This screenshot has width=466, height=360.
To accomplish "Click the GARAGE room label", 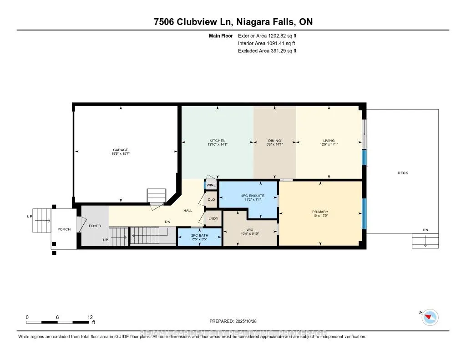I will point(121,150).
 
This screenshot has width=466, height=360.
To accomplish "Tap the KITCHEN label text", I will point(218,141).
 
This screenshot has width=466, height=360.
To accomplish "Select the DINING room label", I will point(274,141).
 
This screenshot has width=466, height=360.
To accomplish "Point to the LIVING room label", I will point(329,141).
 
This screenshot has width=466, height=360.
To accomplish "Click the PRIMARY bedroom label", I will point(320,212).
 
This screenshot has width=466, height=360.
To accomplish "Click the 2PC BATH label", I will point(199,235).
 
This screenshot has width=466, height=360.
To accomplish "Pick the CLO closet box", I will point(211,200).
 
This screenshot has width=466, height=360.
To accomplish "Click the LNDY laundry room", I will point(213,218).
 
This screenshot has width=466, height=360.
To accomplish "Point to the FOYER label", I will point(95,226).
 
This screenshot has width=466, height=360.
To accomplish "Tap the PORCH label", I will point(64,229).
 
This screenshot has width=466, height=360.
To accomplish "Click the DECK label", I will point(403,173).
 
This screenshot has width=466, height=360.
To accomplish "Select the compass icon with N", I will point(430,317).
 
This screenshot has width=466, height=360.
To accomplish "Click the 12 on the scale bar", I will point(90,317).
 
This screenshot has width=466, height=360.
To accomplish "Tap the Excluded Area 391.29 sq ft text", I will point(267,51).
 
